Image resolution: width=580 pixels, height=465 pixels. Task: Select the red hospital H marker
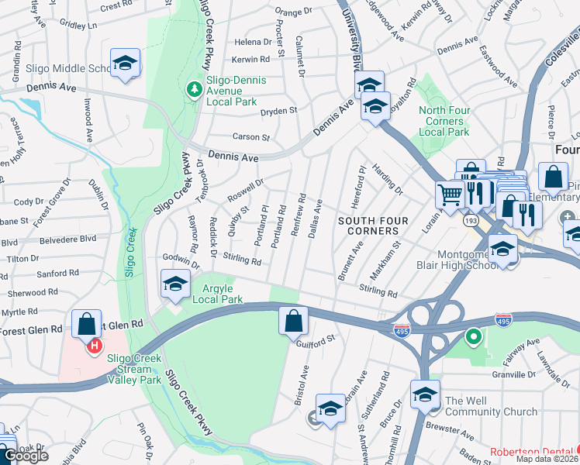[x=95, y=346]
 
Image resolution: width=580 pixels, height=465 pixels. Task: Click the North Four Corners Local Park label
[x=444, y=121]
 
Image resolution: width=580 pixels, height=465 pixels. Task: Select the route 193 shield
[x=471, y=222]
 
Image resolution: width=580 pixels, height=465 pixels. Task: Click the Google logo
[x=26, y=456]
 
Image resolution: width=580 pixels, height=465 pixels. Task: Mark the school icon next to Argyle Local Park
[x=175, y=284]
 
